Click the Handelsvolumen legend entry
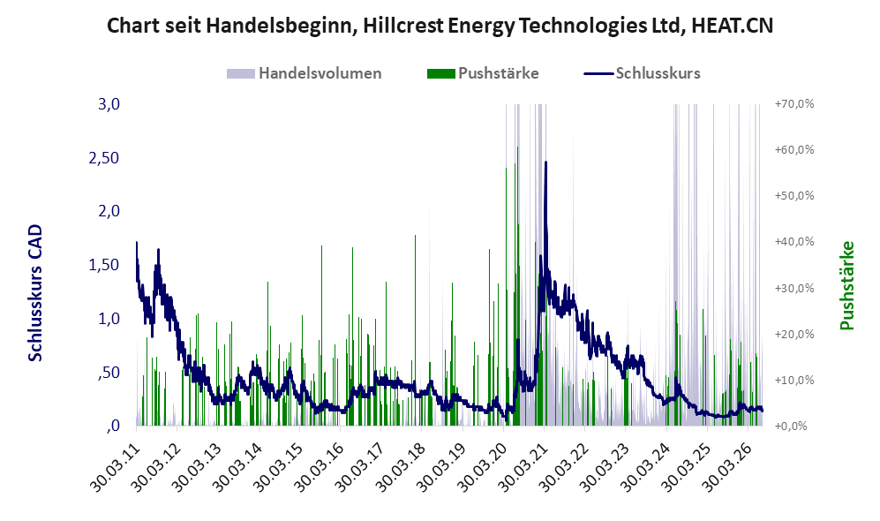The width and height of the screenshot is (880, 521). coord(305,73)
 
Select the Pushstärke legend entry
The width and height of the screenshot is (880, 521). coord(483,73)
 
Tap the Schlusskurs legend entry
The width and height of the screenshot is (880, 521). coord(642,73)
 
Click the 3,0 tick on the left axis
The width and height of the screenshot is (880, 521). coord(109,104)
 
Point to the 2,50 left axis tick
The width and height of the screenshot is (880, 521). coord(104,158)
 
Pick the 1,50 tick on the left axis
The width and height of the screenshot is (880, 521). coord(104,265)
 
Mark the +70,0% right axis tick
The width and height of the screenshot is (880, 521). coord(794,104)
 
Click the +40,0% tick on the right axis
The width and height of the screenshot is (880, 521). coord(794,241)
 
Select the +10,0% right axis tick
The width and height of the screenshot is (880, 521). coord(794,380)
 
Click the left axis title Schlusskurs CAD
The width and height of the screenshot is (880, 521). coord(35,292)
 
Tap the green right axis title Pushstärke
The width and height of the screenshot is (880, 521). coord(847,285)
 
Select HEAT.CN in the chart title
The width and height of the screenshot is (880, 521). coord(733,26)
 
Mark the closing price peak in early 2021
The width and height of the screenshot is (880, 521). coord(545,162)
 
